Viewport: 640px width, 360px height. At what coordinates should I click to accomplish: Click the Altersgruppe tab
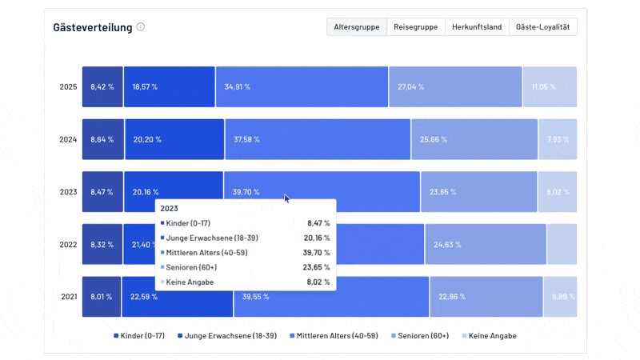[x=357, y=26]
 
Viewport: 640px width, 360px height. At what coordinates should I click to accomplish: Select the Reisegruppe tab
[x=415, y=26]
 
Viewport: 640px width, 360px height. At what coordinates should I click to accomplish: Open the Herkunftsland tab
[x=476, y=26]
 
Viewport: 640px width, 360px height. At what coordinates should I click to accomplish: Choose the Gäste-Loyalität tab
[x=542, y=26]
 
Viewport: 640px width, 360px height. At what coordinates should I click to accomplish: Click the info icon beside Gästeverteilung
[x=141, y=26]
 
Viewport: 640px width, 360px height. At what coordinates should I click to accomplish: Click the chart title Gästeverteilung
[x=92, y=27]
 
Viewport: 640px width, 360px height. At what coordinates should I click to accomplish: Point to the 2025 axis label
[x=68, y=86]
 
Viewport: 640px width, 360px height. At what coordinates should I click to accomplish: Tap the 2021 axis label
[x=69, y=297]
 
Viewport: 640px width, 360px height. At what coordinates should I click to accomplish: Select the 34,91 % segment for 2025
[x=302, y=86]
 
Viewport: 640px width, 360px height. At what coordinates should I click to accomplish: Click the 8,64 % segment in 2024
[x=102, y=139]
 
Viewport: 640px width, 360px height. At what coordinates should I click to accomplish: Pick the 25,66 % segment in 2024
[x=474, y=139]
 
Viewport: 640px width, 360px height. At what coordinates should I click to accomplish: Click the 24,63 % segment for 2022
[x=485, y=244]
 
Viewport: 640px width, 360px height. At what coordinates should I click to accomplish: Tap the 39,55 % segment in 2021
[x=331, y=297]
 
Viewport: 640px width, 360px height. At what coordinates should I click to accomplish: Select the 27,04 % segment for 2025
[x=454, y=86]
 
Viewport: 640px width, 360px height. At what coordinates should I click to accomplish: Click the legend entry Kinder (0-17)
[x=139, y=336]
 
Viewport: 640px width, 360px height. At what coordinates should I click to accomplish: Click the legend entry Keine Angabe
[x=489, y=336]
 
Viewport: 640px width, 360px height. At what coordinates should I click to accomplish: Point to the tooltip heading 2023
[x=170, y=208]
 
